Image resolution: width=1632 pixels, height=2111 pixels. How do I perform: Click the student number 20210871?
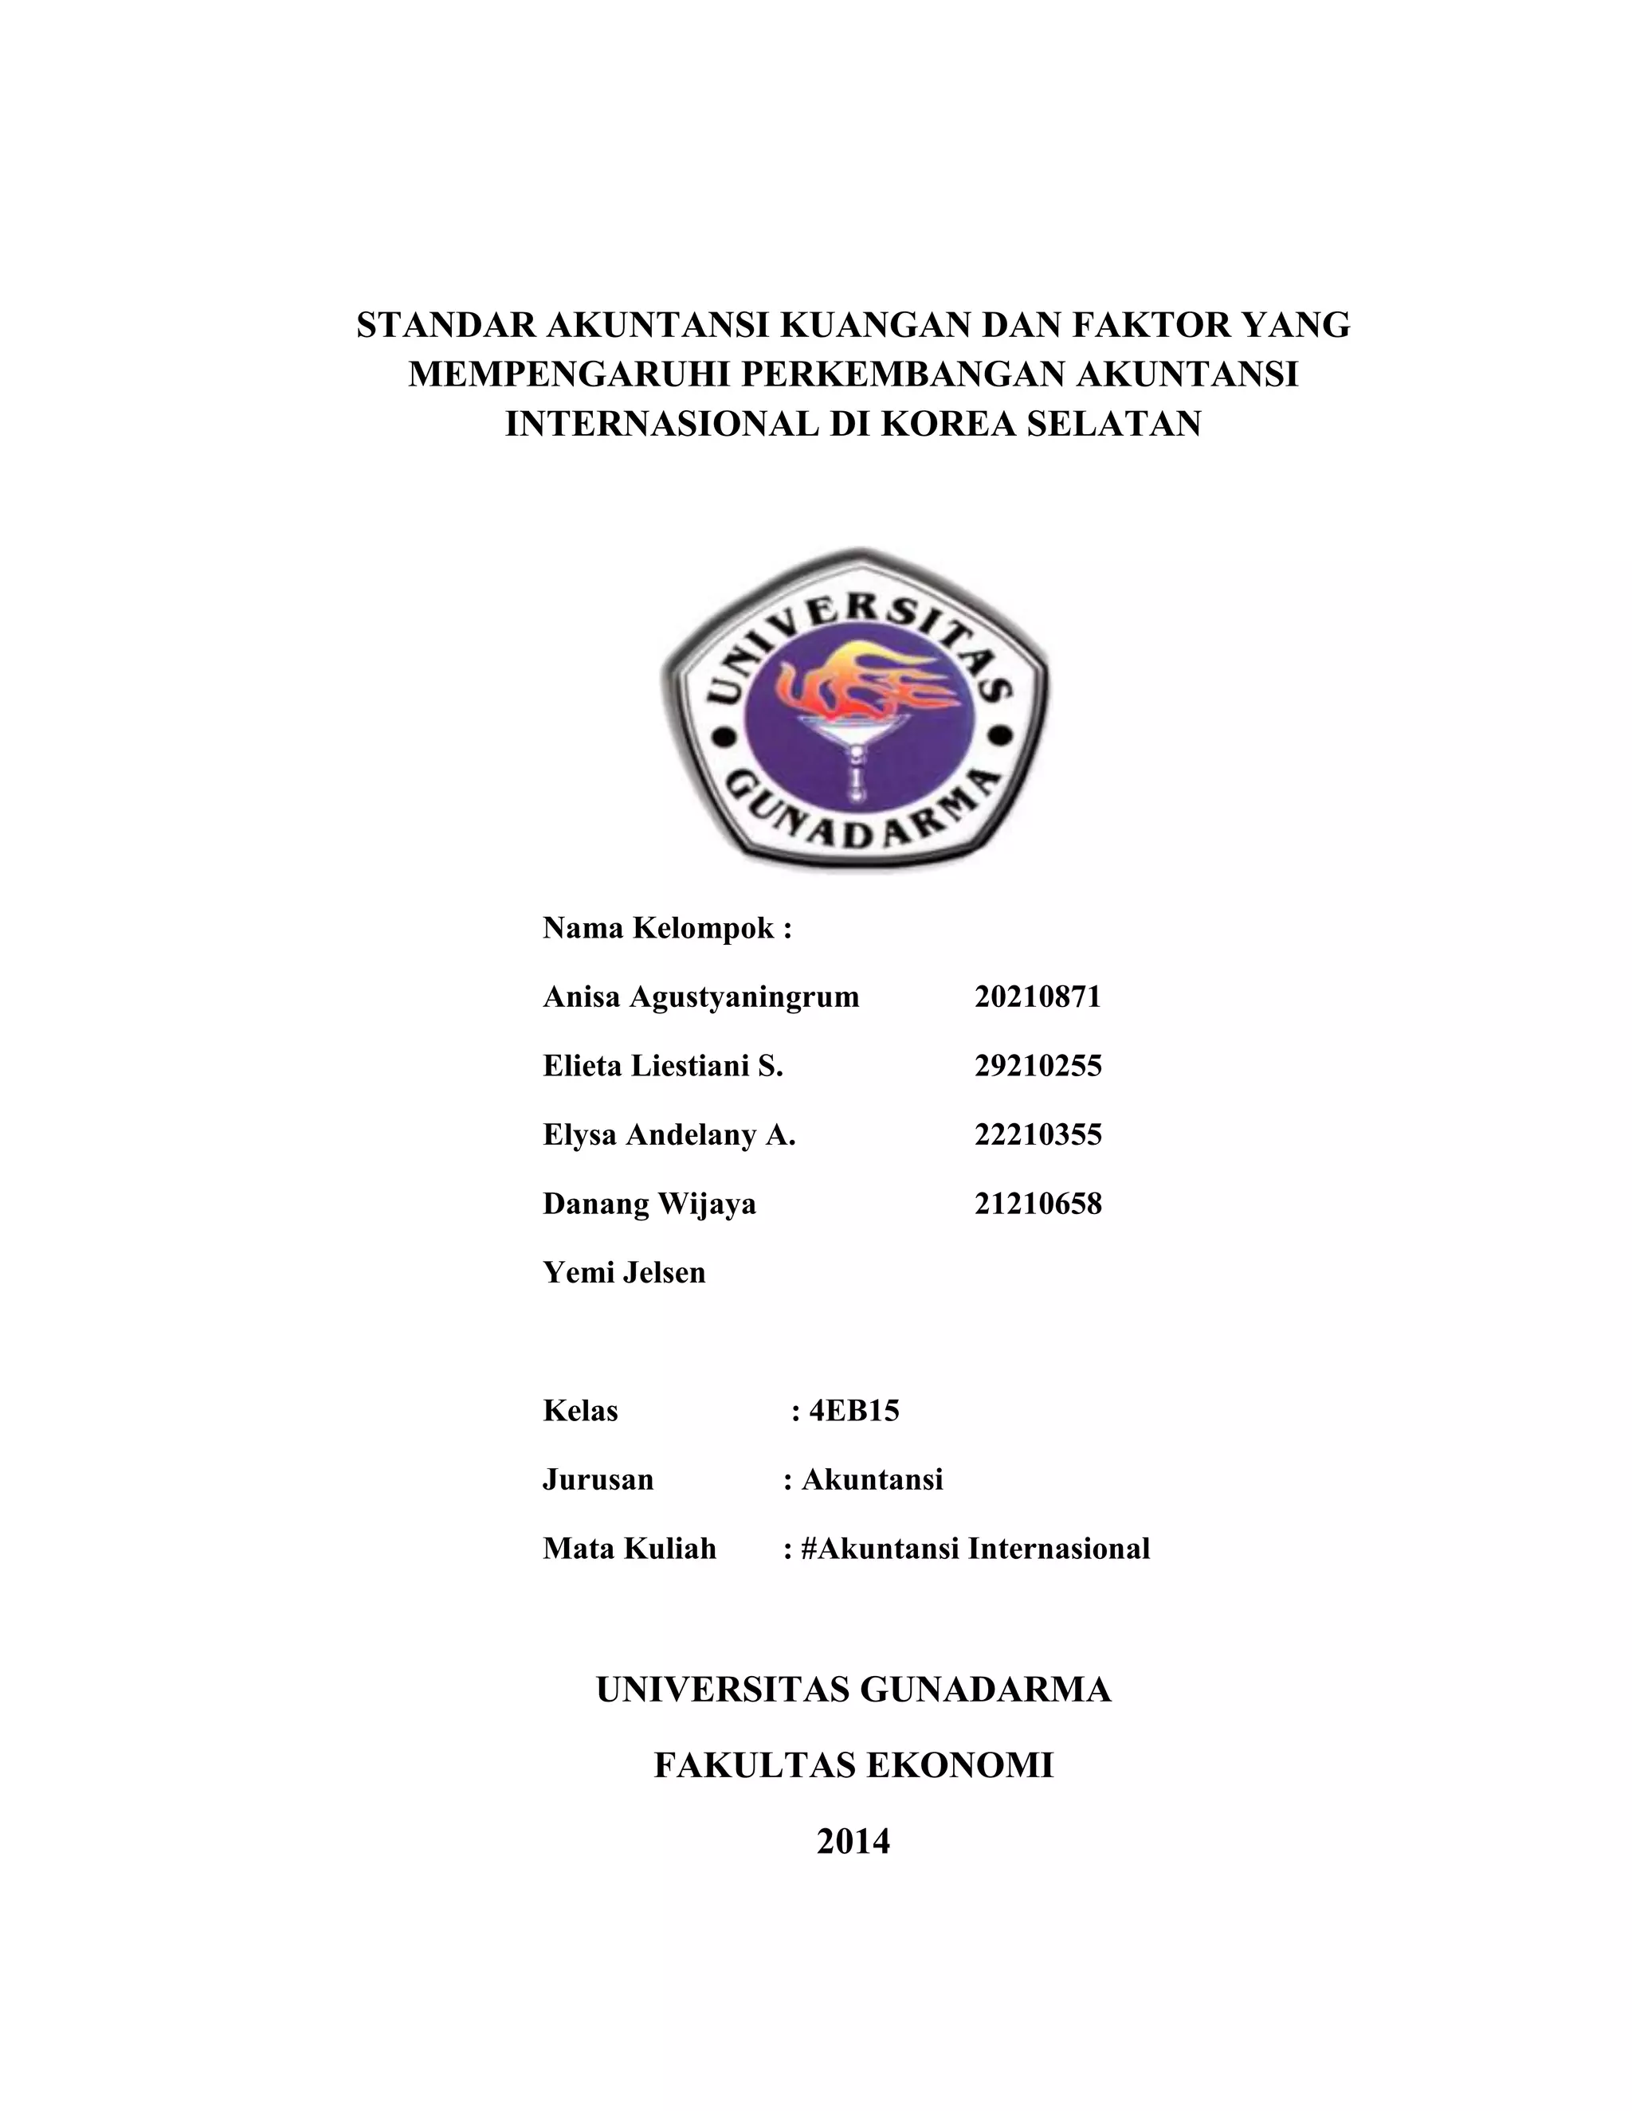pos(1038,997)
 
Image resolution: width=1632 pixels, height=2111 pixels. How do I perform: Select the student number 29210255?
pos(1038,1065)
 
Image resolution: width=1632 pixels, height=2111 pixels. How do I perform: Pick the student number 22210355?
pos(1038,1134)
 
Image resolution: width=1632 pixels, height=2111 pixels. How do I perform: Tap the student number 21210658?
pos(1038,1204)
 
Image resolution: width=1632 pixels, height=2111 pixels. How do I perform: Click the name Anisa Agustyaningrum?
pos(701,997)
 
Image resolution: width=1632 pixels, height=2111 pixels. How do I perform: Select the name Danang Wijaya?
pos(649,1204)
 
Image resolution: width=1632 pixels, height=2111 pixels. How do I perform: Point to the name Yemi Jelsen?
pos(625,1272)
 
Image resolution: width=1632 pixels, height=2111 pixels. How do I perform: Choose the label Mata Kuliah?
pos(630,1549)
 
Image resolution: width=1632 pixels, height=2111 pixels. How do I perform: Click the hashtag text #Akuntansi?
pos(880,1549)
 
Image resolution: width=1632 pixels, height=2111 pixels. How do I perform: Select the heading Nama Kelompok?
pos(667,928)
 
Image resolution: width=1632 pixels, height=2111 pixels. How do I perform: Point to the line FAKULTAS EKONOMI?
pos(853,1765)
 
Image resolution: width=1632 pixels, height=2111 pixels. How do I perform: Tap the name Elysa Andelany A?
pos(669,1134)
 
